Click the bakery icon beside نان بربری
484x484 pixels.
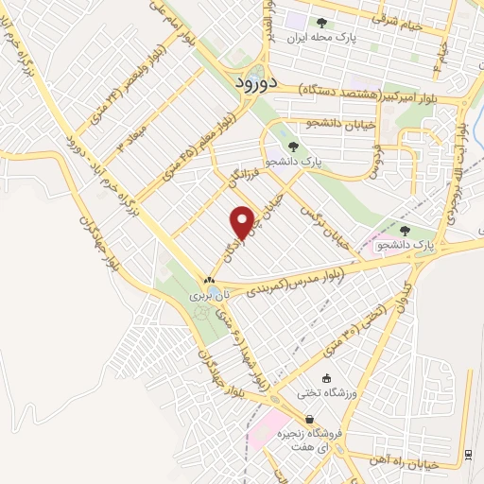tap(210, 281)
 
